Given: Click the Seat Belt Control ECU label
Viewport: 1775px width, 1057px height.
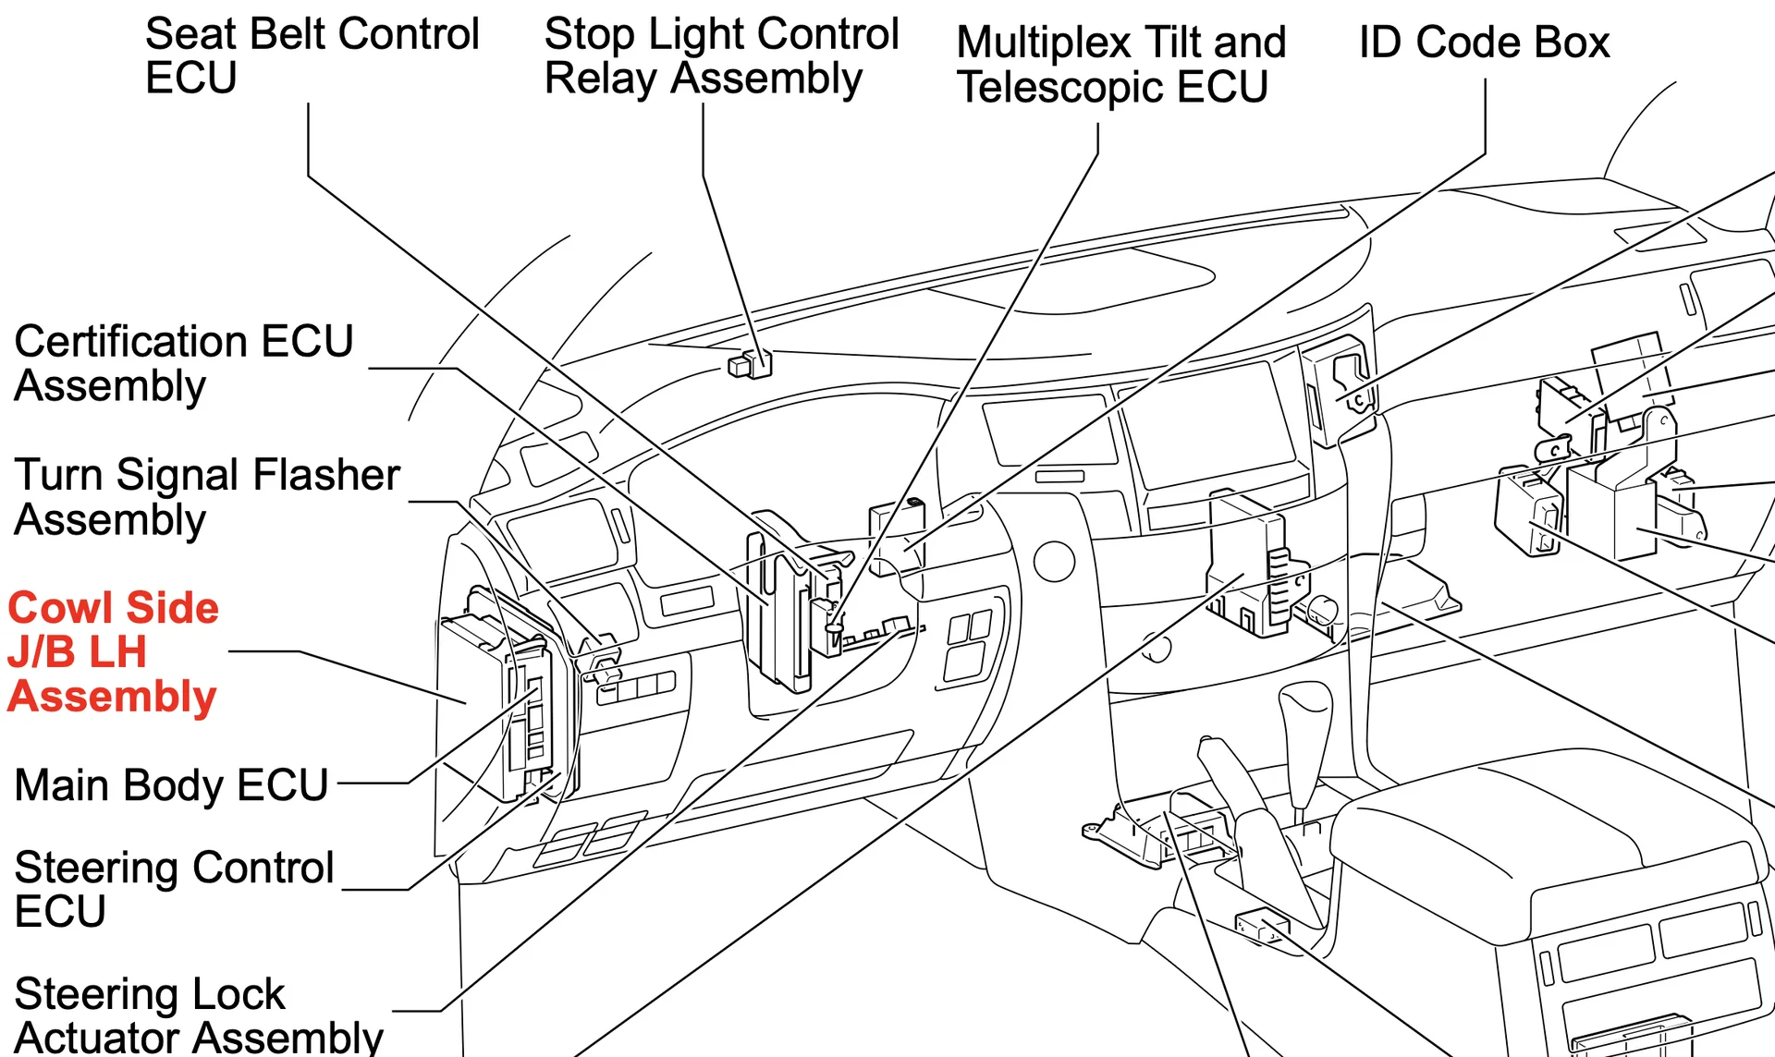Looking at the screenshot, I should click(x=312, y=55).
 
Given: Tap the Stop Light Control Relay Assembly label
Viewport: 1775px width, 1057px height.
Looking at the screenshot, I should click(x=721, y=55).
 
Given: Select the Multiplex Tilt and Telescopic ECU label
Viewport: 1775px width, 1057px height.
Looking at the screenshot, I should click(x=1120, y=65).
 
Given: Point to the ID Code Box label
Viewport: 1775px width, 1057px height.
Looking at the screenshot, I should click(x=1484, y=43).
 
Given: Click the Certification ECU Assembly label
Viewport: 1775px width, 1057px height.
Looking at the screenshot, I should click(x=183, y=363).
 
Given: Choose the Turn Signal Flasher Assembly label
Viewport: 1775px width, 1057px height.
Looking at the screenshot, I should click(x=206, y=497).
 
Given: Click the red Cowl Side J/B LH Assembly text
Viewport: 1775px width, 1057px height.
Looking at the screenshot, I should click(x=113, y=651).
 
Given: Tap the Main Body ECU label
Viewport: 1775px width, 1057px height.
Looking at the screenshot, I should click(x=171, y=785).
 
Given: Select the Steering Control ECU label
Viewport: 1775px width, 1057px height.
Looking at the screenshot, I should click(x=173, y=889).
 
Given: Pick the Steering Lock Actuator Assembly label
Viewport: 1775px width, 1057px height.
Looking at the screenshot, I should click(x=198, y=1014).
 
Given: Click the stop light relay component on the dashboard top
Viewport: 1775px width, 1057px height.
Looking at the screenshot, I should click(x=751, y=364).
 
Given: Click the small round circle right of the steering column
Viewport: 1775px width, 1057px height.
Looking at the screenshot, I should click(x=1054, y=561).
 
